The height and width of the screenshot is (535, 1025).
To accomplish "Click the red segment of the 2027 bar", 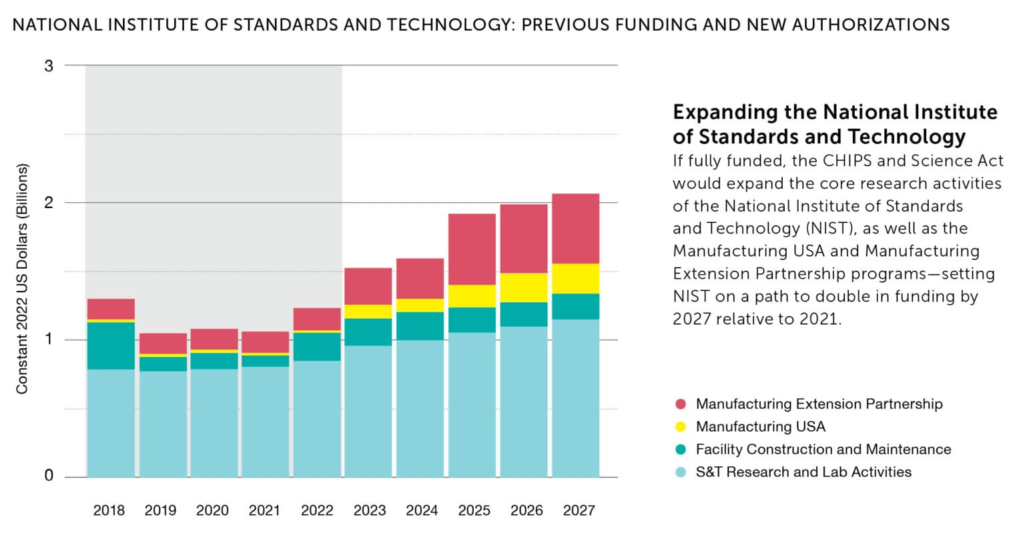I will click(575, 228).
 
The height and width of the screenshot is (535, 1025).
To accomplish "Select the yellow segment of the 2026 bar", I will click(524, 288).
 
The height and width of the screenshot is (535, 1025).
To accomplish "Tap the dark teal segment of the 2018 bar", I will click(111, 346).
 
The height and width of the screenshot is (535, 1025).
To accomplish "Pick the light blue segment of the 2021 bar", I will click(265, 422).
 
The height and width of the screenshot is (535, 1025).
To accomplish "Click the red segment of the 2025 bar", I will click(472, 249).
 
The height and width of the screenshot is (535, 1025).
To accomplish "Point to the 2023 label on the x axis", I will click(369, 511).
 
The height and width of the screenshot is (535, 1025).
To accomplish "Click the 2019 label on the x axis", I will click(161, 511).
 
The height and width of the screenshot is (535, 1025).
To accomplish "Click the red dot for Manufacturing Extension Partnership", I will click(681, 404).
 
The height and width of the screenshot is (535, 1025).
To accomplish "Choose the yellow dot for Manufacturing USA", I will click(681, 427).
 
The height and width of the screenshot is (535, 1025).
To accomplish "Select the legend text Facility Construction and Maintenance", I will click(823, 450).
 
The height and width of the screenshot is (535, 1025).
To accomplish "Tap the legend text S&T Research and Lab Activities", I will click(803, 472).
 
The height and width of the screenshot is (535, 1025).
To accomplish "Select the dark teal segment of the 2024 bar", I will click(420, 326).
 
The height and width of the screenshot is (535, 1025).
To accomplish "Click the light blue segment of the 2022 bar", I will click(317, 419).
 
